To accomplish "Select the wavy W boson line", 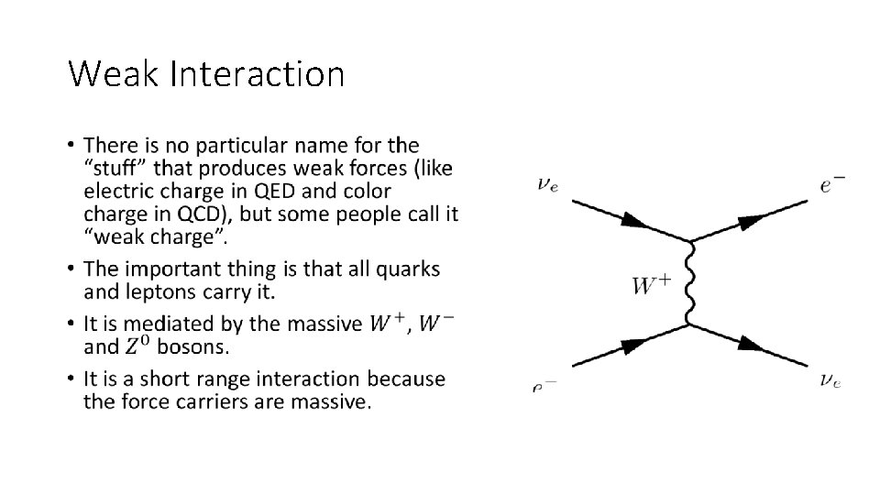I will click(689, 283).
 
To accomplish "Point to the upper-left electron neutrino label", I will click(548, 184).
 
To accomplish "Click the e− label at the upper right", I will click(832, 184).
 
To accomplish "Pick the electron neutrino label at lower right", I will click(830, 379).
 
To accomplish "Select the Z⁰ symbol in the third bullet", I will click(136, 346).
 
